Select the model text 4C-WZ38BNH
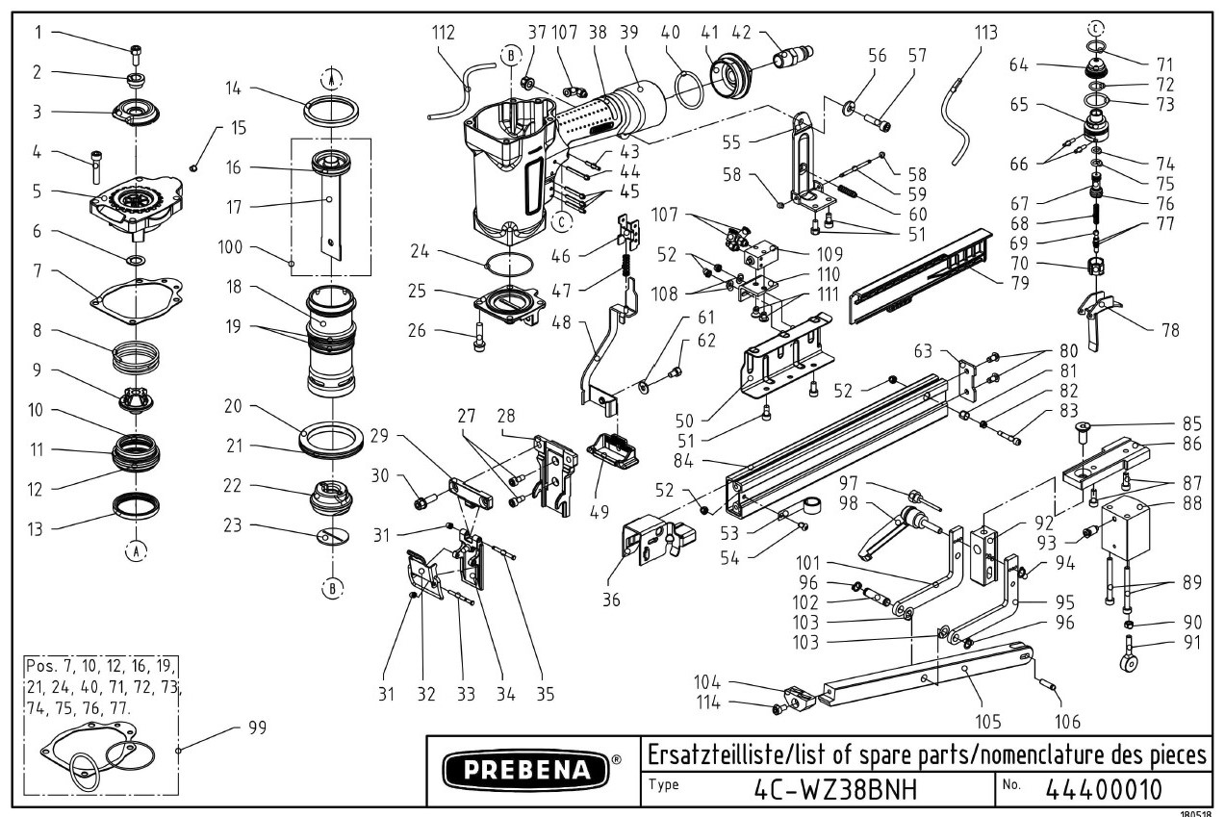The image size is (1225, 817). pos(833,788)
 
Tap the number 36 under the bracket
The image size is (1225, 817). pos(612,600)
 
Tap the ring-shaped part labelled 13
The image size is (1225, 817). pos(137,503)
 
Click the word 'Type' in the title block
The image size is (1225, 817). pos(663,784)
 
